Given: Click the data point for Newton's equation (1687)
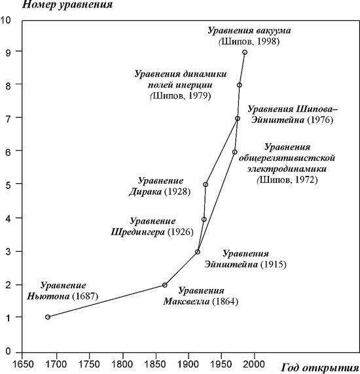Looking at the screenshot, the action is pyautogui.click(x=48, y=317).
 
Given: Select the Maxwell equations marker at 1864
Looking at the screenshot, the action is pyautogui.click(x=165, y=285).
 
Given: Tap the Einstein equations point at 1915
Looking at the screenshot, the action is pyautogui.click(x=198, y=252).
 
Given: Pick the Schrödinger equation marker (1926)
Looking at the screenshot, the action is pyautogui.click(x=204, y=220).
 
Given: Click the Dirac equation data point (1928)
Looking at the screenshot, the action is pyautogui.click(x=206, y=184).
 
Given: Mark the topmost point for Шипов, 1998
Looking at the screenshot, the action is pyautogui.click(x=245, y=52).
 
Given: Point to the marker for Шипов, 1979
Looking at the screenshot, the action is pyautogui.click(x=240, y=85).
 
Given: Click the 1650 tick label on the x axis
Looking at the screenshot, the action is pyautogui.click(x=22, y=364).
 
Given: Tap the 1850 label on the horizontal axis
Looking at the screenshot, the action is pyautogui.click(x=156, y=364).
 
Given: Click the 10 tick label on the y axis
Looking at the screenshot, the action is pyautogui.click(x=6, y=20).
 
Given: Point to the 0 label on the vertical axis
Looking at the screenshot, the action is pyautogui.click(x=8, y=351).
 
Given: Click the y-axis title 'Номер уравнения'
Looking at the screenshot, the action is pyautogui.click(x=67, y=5).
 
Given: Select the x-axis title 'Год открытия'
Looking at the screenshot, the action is pyautogui.click(x=320, y=367).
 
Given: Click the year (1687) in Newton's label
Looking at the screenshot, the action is pyautogui.click(x=85, y=296).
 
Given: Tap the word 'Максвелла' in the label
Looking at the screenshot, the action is pyautogui.click(x=187, y=301).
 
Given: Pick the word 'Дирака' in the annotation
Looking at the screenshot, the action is pyautogui.click(x=145, y=192).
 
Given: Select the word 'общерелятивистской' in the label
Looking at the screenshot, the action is pyautogui.click(x=287, y=158).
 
